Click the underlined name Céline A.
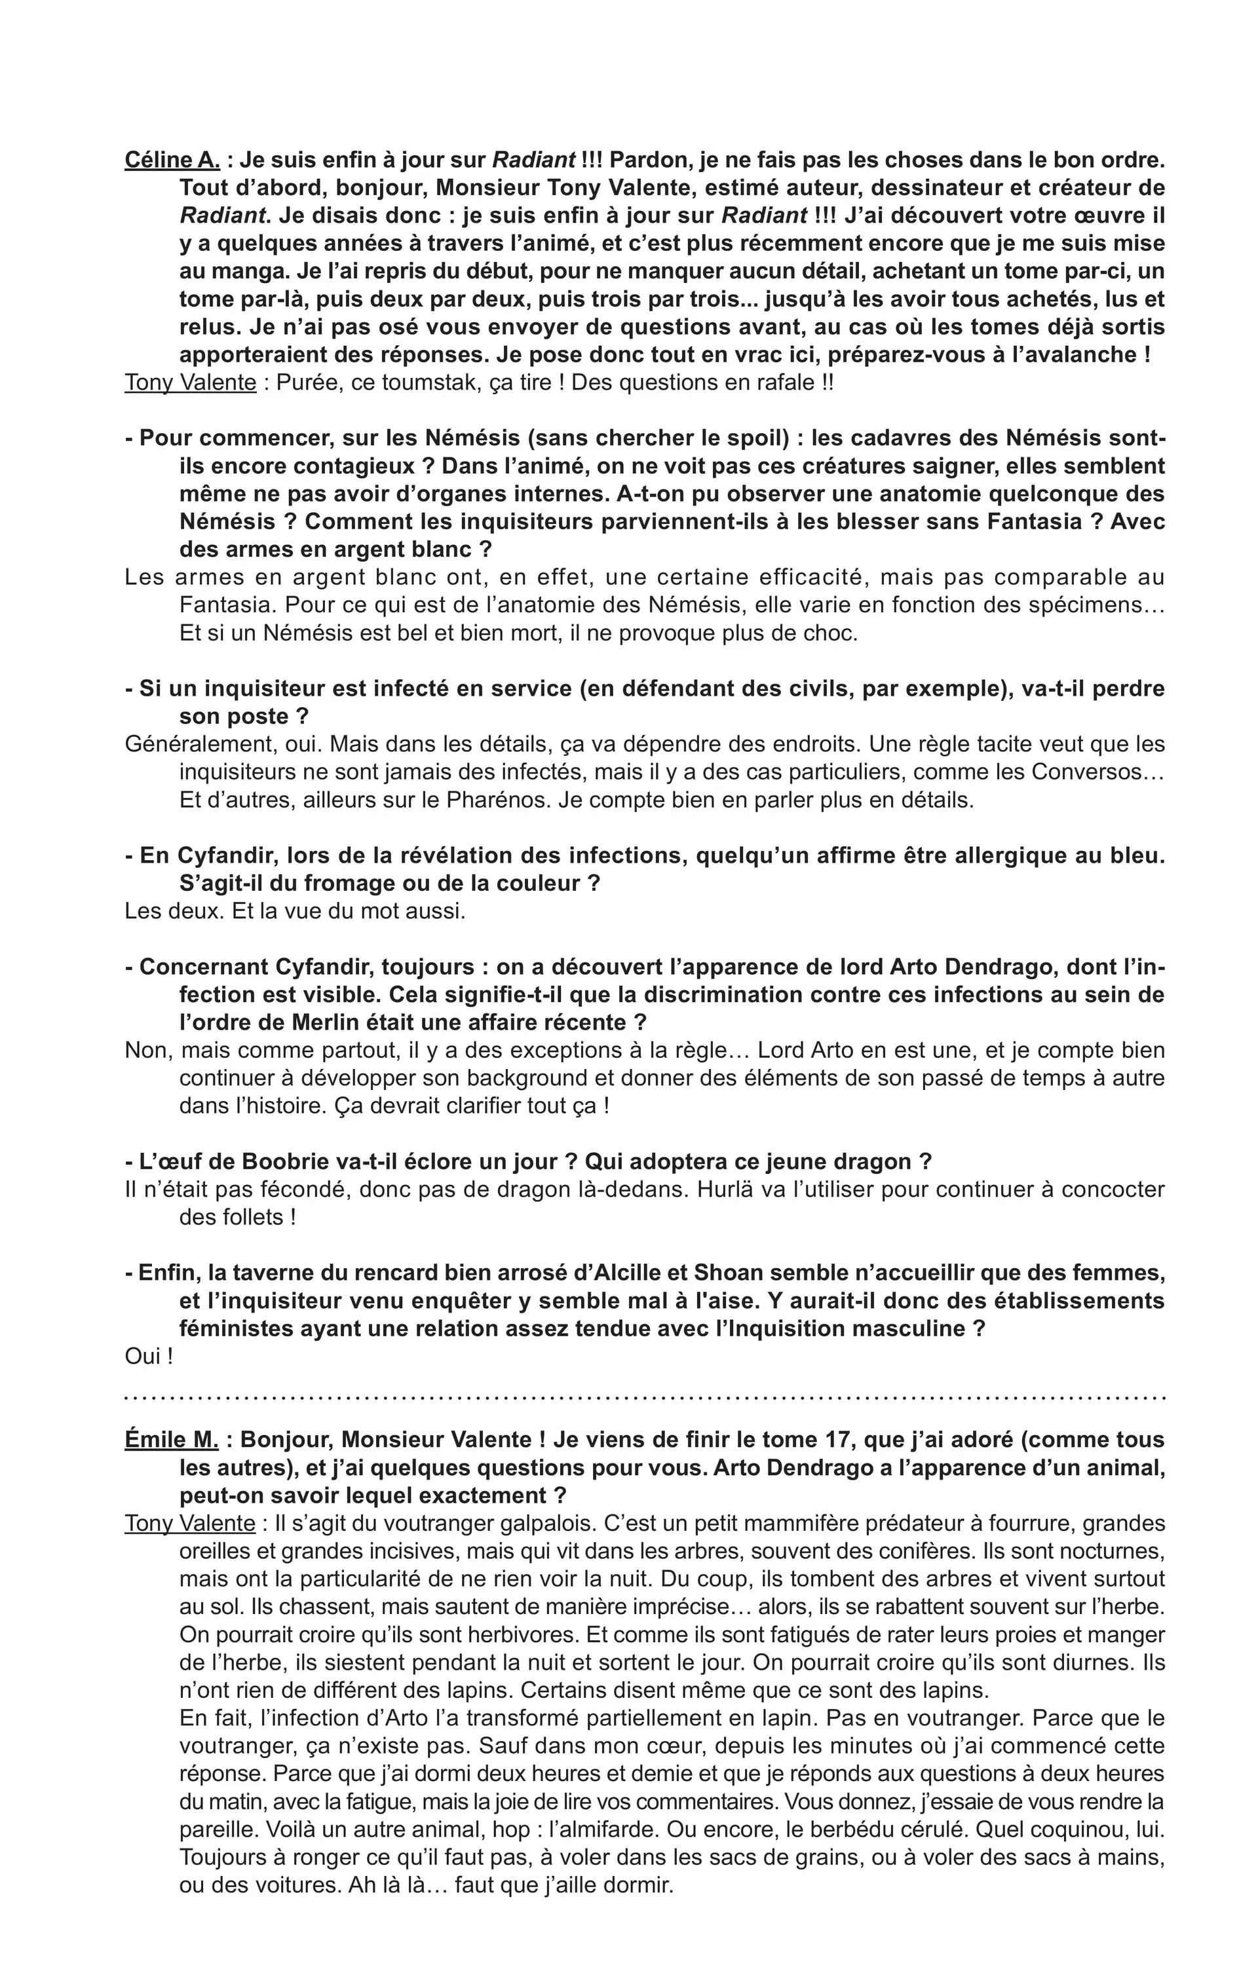[172, 160]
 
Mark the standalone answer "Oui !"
[149, 1357]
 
